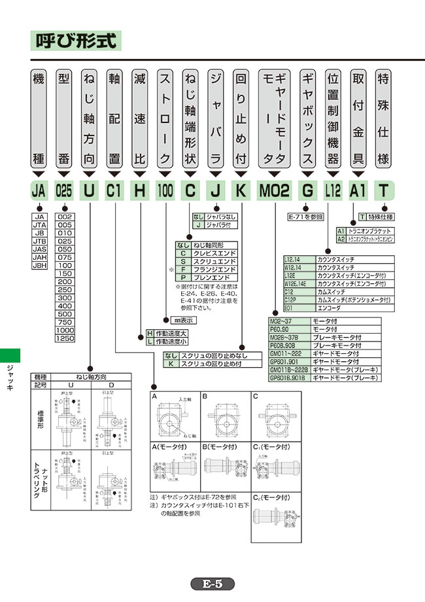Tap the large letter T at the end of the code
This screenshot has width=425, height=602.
[385, 191]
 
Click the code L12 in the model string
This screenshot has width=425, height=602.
[333, 191]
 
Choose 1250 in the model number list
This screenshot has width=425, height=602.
[65, 338]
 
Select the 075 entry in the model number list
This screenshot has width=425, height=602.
[65, 258]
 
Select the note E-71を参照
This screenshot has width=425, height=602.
[305, 217]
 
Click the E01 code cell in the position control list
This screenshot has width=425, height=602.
[292, 306]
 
